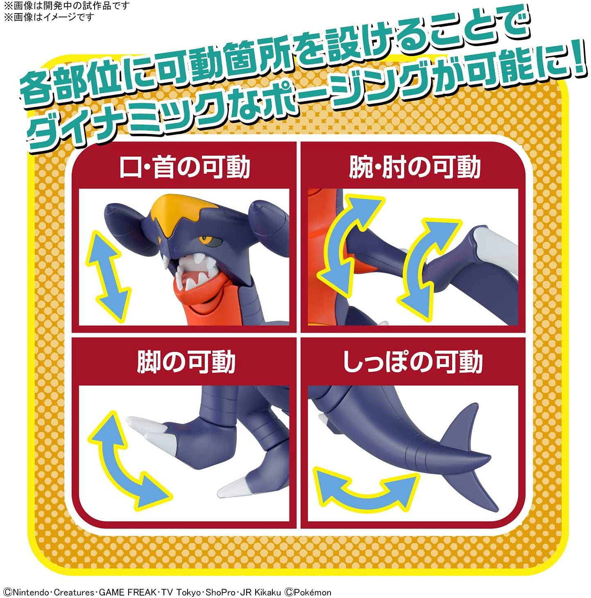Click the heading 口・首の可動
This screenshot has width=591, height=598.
click(184, 167)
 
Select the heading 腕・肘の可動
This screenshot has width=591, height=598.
click(414, 167)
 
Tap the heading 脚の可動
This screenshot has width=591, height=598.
click(186, 362)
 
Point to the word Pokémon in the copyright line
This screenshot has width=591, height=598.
click(312, 592)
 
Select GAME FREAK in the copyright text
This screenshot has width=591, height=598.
click(128, 592)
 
